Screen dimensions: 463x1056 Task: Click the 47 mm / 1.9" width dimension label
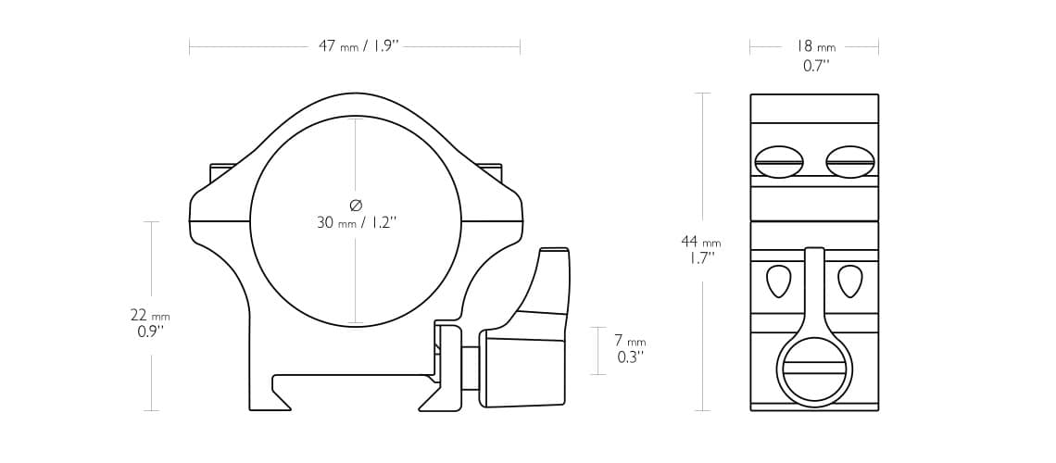[358, 46]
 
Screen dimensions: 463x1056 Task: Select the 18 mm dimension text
[814, 46]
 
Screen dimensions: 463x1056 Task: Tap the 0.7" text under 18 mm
[815, 66]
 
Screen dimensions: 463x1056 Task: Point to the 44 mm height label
[700, 242]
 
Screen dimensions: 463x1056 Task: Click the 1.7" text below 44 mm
[700, 258]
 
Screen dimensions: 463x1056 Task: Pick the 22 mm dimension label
[150, 316]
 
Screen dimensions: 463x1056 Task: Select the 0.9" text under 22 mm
[150, 332]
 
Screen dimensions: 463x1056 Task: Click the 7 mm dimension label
[630, 341]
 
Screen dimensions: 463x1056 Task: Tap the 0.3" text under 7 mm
[630, 357]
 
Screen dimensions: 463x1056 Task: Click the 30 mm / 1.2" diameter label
[357, 222]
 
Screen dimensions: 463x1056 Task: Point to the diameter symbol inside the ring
[356, 205]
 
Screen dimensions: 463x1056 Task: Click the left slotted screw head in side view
[779, 162]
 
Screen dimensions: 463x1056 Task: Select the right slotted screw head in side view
[849, 162]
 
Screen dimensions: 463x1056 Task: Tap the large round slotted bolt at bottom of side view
[814, 369]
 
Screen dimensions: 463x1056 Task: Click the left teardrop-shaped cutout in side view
[779, 281]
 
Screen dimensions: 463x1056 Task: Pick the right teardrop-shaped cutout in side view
[849, 281]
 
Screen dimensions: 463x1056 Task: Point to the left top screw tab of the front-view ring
[222, 171]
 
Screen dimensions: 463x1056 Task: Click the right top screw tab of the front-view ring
[489, 170]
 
